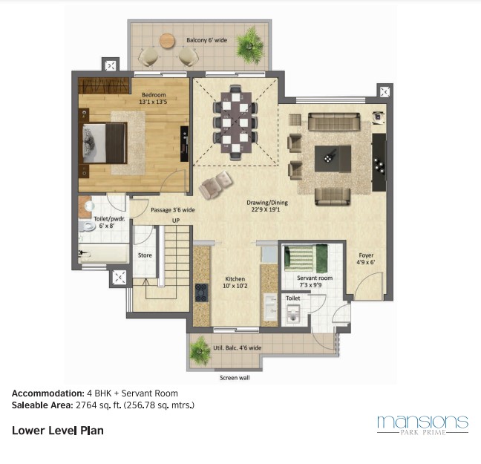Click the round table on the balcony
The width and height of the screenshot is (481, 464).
tap(167, 41)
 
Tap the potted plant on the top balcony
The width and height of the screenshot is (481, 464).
tap(250, 46)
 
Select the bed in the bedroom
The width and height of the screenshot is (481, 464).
tap(105, 143)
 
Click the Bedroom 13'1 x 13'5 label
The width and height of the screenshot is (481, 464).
tap(154, 98)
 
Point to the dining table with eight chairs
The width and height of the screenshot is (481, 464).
tap(235, 122)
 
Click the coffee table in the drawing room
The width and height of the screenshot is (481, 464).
tap(333, 159)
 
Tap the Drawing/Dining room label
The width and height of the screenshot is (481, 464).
tap(267, 206)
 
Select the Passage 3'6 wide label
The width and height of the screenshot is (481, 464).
tap(173, 210)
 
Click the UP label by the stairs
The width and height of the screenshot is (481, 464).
tap(176, 220)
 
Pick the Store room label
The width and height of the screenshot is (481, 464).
tap(145, 255)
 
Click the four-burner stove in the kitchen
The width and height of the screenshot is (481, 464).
tap(202, 293)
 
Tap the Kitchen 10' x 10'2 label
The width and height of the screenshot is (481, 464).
tap(235, 282)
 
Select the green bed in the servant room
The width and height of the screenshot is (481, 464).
tap(306, 258)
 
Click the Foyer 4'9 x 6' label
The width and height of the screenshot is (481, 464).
tap(366, 258)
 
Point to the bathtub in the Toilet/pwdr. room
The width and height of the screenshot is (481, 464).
tap(103, 253)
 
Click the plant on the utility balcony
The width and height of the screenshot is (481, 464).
tap(200, 350)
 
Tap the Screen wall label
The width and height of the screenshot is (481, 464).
tap(235, 378)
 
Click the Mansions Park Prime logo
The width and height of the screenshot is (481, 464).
tap(422, 425)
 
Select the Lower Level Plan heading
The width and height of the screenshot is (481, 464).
tap(58, 431)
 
